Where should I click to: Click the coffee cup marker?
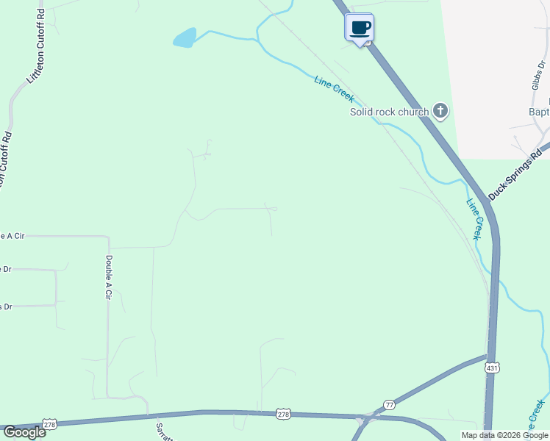[360, 29]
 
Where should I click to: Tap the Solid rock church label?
[389, 112]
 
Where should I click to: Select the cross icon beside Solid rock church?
[440, 111]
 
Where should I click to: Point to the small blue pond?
[185, 37]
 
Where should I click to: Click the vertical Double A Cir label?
[108, 277]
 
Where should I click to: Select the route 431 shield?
[492, 366]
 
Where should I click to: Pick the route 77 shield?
[389, 405]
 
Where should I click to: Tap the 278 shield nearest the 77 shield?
[283, 415]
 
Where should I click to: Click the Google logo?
[24, 431]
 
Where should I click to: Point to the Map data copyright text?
[504, 435]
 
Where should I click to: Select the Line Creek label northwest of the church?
[335, 89]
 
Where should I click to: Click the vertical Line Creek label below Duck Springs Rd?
[474, 219]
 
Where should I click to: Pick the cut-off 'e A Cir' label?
[12, 236]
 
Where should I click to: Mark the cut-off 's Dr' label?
[6, 306]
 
